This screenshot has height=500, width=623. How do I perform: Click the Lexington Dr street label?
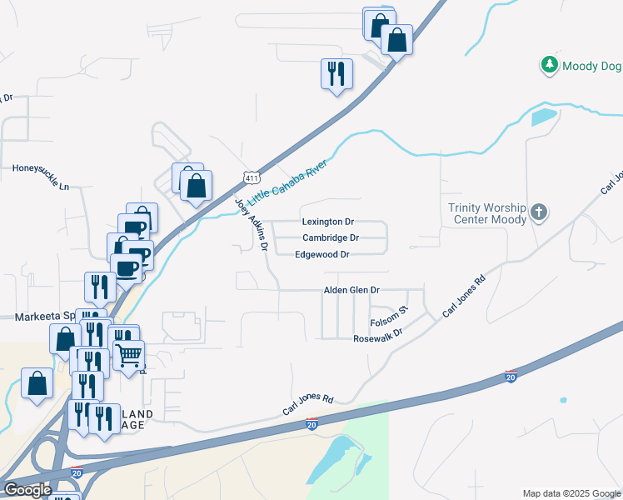pos(327,222)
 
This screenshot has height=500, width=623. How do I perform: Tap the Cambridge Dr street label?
pos(330,237)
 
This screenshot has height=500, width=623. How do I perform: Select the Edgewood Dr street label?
pos(321,254)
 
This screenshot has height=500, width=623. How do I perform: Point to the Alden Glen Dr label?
pos(351,290)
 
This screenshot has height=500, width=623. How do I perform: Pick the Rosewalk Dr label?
pos(377,334)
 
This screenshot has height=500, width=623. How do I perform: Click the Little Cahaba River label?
pos(287,182)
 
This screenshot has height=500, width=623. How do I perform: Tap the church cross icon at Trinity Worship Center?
pos(539,212)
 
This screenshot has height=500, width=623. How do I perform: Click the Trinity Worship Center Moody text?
pos(487,213)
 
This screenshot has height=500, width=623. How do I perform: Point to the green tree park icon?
pos(549,65)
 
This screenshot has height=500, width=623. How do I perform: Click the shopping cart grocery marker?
pos(129,355)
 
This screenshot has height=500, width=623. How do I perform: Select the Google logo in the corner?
pos(27,489)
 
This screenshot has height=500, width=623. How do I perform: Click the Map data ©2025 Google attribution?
pos(571,493)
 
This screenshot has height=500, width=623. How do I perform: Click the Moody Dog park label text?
pos(591,66)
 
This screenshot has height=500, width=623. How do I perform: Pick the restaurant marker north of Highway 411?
pos(336,74)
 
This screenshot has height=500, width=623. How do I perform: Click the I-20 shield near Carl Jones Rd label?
pos(311,424)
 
